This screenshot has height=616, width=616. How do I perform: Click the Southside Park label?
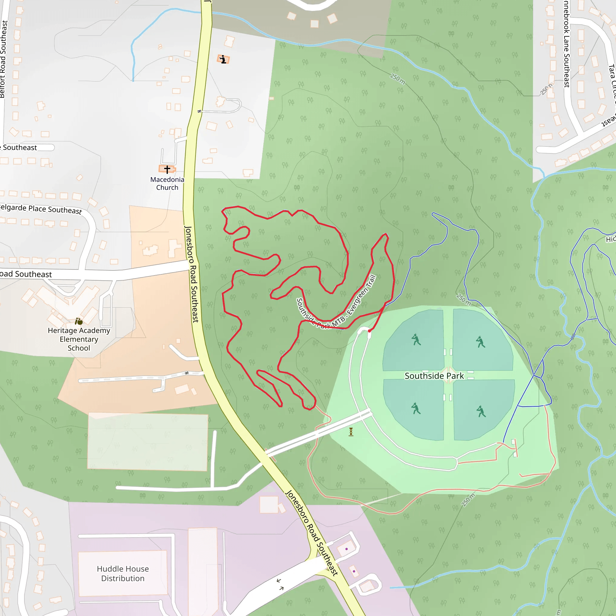tap(434, 376)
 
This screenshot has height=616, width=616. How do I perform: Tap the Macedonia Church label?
tap(167, 183)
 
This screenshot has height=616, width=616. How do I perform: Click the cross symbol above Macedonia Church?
tap(167, 169)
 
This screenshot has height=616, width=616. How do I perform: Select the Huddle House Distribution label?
tap(123, 574)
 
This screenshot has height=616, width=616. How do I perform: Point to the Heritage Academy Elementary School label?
tap(79, 339)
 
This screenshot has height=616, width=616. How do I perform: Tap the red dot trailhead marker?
tap(369, 331)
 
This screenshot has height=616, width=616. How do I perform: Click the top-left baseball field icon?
tap(416, 340)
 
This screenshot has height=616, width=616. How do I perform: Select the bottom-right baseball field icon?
tap(481, 411)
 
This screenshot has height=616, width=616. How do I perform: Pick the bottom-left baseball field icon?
tap(416, 408)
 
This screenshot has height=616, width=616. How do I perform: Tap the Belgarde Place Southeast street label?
tap(41, 209)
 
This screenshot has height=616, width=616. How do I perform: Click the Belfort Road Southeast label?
tap(4, 59)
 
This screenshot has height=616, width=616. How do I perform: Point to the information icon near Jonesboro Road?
tap(223, 59)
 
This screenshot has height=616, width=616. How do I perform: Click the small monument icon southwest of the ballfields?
tap(351, 432)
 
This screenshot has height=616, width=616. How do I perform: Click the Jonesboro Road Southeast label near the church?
tap(192, 274)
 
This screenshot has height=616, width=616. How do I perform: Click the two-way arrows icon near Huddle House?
tap(280, 584)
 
